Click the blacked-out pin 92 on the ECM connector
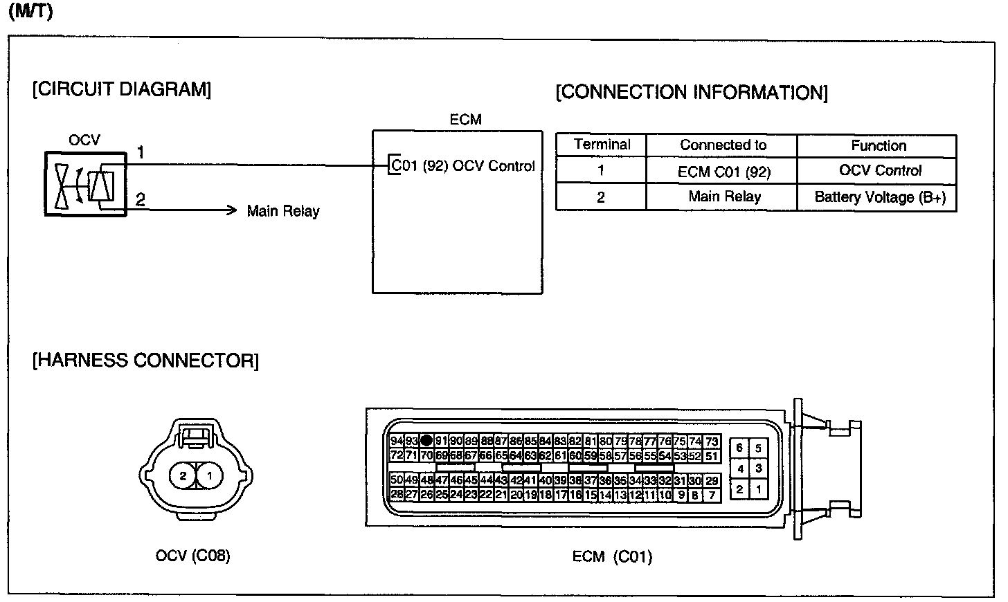(x=426, y=440)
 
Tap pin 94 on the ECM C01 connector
(x=397, y=441)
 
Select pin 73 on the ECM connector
(x=712, y=441)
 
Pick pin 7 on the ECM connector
(x=712, y=495)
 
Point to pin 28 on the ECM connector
(x=397, y=495)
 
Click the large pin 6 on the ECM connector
(x=739, y=448)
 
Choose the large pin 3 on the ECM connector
(x=759, y=468)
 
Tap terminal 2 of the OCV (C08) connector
(x=183, y=476)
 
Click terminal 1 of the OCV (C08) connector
(x=209, y=476)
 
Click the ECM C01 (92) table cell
(x=723, y=172)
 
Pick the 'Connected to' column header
(x=723, y=145)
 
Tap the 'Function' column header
(x=879, y=146)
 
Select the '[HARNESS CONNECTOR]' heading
(x=145, y=361)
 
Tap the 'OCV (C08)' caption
(x=192, y=556)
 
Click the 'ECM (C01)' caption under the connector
(x=612, y=556)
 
